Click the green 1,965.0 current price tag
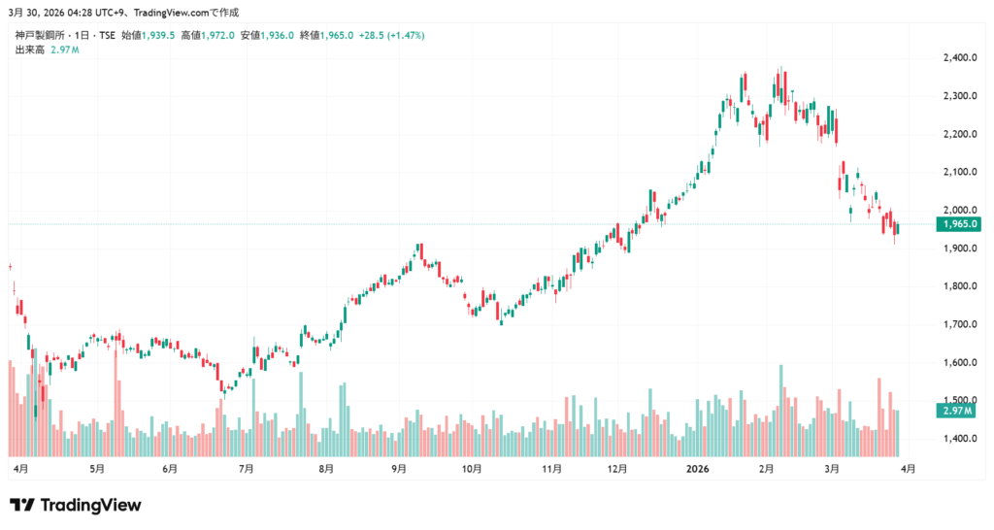coord(958,224)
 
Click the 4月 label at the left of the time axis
coord(20,468)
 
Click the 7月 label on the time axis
coord(246,468)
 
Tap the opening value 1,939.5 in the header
coord(158,35)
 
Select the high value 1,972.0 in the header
coord(217,35)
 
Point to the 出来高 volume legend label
coord(29,49)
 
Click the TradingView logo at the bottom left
coord(76,505)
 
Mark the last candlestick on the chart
coord(898,228)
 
